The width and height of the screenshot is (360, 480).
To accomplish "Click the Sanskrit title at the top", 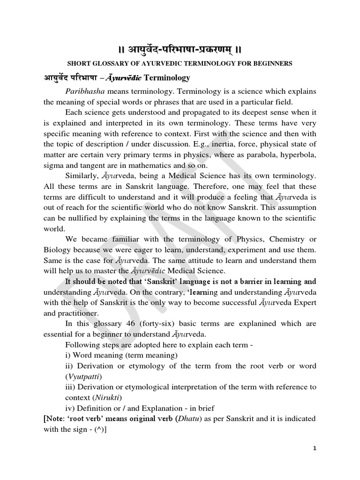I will pyautogui.click(x=180, y=49).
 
